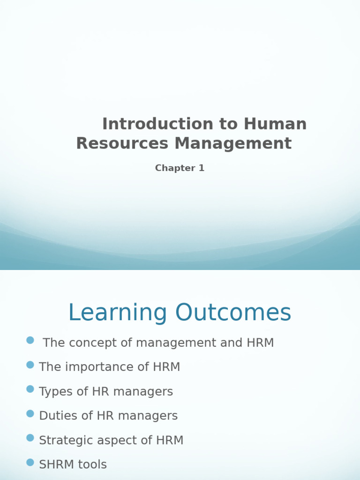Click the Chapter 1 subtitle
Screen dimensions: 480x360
[180, 168]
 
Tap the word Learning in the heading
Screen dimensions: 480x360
[118, 313]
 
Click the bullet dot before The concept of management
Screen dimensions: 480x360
[30, 340]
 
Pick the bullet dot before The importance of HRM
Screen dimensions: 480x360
[30, 365]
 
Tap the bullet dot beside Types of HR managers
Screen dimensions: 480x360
[30, 389]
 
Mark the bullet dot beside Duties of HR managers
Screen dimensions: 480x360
[30, 413]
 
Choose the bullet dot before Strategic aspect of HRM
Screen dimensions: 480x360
[30, 438]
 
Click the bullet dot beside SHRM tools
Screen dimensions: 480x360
[30, 462]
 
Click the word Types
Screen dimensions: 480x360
[53, 392]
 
